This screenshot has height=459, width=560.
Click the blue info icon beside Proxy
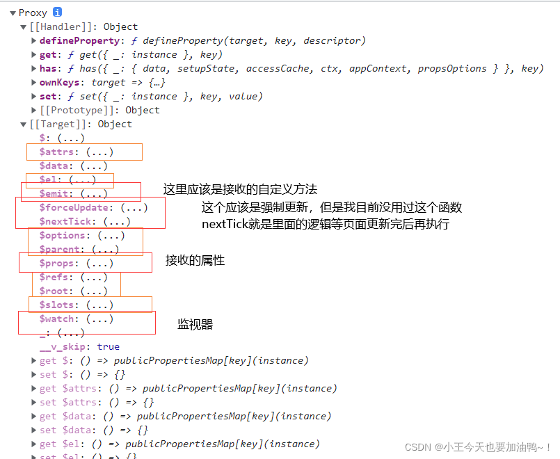57,13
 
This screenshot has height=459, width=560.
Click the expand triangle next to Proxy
13,13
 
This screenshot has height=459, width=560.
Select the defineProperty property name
72,40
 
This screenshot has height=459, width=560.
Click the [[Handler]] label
63,26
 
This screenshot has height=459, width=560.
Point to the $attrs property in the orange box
58,152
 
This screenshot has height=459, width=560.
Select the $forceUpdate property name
74,207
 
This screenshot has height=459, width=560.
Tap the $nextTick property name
65,221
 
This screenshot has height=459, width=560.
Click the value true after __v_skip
109,346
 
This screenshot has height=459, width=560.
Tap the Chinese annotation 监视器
195,324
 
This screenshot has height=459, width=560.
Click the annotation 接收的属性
195,260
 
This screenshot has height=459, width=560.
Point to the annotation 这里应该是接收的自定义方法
240,189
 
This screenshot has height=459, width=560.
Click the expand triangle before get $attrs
34,389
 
